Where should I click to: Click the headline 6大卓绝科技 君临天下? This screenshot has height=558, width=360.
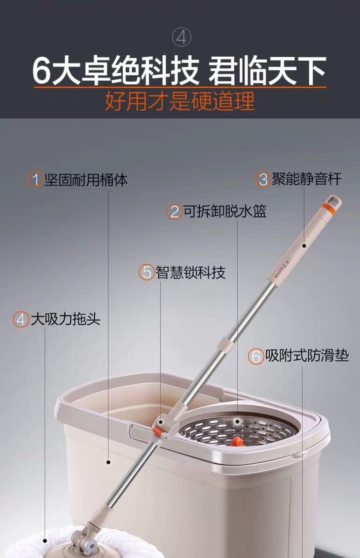tap(180, 70)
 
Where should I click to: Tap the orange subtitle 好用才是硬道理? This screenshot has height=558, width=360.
tap(180, 101)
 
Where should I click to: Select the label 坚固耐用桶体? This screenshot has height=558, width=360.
tap(86, 179)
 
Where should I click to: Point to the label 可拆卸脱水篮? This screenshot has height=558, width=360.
tap(225, 211)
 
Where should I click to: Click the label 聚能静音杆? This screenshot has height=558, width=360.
tap(307, 178)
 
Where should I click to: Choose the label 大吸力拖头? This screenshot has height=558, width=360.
tap(66, 319)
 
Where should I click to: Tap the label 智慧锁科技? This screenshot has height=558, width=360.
tap(190, 272)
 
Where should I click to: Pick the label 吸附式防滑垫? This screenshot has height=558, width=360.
tap(307, 355)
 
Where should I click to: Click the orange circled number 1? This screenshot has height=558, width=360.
tap(35, 180)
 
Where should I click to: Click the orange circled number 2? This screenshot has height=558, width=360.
tap(175, 211)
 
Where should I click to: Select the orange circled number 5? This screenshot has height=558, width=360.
tap(146, 273)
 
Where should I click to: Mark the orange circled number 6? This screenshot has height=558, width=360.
tap(256, 356)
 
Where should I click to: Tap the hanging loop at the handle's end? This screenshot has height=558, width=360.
tap(335, 201)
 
